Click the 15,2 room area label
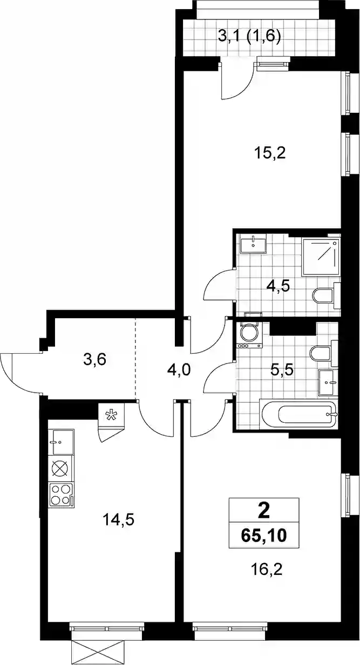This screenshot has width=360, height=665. [x=269, y=154]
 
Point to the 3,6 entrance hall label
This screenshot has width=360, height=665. [x=94, y=360]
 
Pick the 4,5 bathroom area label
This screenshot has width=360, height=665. [x=278, y=287]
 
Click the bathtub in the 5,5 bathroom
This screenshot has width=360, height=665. [x=298, y=414]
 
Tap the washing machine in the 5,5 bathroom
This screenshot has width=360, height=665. [x=249, y=335]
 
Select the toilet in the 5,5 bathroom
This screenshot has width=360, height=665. [x=324, y=354]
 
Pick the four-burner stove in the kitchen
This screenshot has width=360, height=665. [x=62, y=495]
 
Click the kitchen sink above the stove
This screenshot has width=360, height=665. [x=63, y=442]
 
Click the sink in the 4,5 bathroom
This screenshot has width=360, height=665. [x=253, y=243]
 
